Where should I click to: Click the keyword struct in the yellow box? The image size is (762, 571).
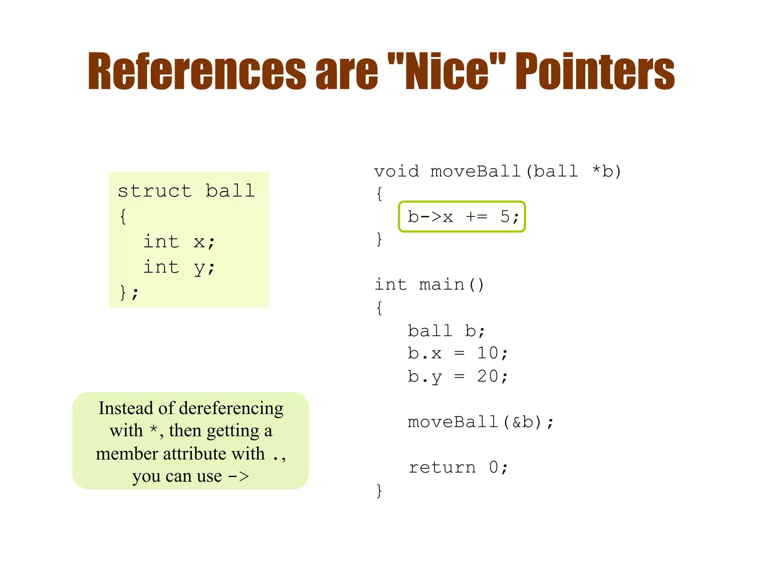[x=155, y=191]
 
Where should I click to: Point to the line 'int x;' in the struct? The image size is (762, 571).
[x=179, y=242]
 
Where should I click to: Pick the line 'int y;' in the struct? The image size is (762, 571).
[x=179, y=267]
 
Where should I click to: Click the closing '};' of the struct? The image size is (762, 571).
[x=129, y=293]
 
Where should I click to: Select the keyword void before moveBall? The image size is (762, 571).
[x=396, y=172]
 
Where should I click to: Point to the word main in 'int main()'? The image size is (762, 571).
[x=442, y=285]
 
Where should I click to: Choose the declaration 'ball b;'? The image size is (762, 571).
[x=446, y=331]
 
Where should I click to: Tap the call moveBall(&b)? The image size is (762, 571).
[x=480, y=422]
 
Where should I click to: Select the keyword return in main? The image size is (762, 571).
[x=442, y=468]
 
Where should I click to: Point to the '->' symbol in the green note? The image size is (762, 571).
[x=238, y=476]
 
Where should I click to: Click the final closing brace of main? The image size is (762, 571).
[x=379, y=491]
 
